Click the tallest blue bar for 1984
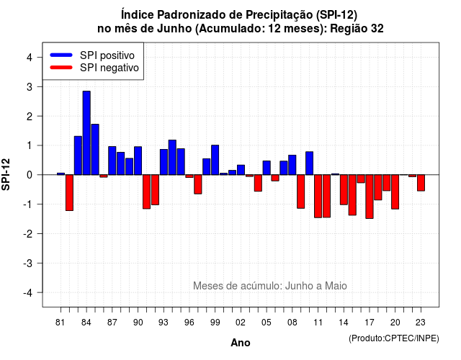point(86,132)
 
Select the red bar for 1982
point(69,192)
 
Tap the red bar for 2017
point(370,197)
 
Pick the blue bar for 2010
point(309,163)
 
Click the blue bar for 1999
point(215,160)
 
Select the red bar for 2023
point(421,183)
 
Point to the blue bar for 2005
point(267,168)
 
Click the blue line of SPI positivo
point(61,55)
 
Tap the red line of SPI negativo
point(61,67)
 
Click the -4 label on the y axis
point(28,293)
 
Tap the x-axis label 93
point(164,323)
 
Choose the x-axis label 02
point(241,323)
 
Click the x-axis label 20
point(395,323)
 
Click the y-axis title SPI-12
point(6,174)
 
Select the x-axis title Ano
point(241,343)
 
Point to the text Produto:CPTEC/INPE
point(394,338)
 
